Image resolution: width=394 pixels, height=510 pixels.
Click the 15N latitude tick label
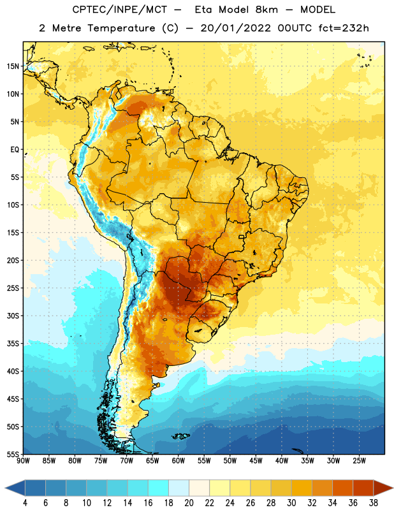pyautogui.click(x=13, y=66)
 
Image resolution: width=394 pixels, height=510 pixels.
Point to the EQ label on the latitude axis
pyautogui.click(x=15, y=150)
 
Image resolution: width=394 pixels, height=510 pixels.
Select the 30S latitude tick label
pyautogui.click(x=13, y=316)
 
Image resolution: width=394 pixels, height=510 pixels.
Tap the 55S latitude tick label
pyautogui.click(x=13, y=455)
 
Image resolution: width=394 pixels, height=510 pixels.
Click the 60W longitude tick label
pyautogui.click(x=179, y=461)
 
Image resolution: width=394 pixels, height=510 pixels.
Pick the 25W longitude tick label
pyautogui.click(x=359, y=461)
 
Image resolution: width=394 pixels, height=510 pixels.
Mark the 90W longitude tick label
pyautogui.click(x=23, y=461)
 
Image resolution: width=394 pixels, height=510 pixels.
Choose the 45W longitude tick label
pyautogui.click(x=256, y=461)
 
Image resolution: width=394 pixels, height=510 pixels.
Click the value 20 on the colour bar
pyautogui.click(x=189, y=503)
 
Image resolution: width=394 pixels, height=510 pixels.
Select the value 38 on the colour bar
pyautogui.click(x=374, y=503)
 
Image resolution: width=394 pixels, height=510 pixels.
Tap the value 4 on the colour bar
pyautogui.click(x=25, y=503)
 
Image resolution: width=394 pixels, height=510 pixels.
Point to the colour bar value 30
pyautogui.click(x=291, y=503)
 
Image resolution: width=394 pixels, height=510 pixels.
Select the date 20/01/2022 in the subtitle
pyautogui.click(x=235, y=28)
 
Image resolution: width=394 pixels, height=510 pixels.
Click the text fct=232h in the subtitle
pyautogui.click(x=344, y=28)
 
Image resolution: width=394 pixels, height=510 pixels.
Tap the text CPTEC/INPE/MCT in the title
pyautogui.click(x=120, y=10)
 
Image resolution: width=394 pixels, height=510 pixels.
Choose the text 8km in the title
pyautogui.click(x=266, y=10)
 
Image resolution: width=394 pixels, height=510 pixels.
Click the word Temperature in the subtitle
pyautogui.click(x=121, y=28)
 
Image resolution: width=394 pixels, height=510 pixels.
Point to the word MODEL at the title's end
pyautogui.click(x=317, y=10)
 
